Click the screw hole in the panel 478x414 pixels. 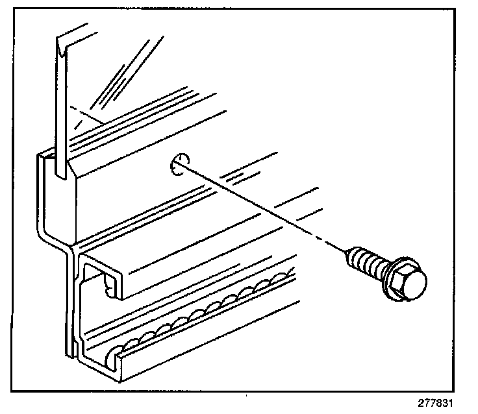pyautogui.click(x=178, y=165)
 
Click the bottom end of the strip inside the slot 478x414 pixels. pyautogui.click(x=60, y=174)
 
